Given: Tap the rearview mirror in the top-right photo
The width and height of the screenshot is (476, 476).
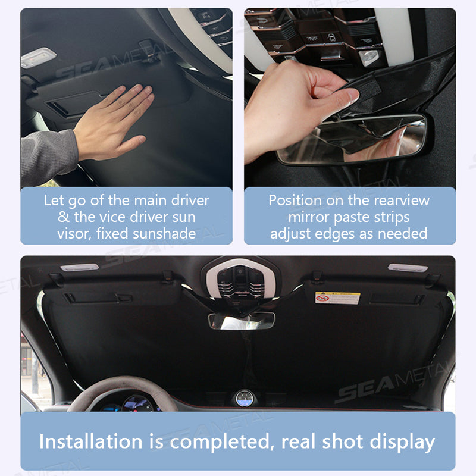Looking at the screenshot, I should [357, 140].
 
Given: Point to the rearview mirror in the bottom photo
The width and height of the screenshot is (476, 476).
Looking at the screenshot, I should [241, 321].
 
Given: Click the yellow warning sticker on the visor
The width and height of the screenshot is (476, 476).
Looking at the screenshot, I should [337, 297].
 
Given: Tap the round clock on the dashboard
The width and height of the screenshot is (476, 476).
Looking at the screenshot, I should [243, 398].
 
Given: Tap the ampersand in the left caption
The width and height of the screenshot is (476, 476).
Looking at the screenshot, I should [64, 217].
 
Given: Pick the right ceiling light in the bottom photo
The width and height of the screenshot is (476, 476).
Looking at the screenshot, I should [408, 268].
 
